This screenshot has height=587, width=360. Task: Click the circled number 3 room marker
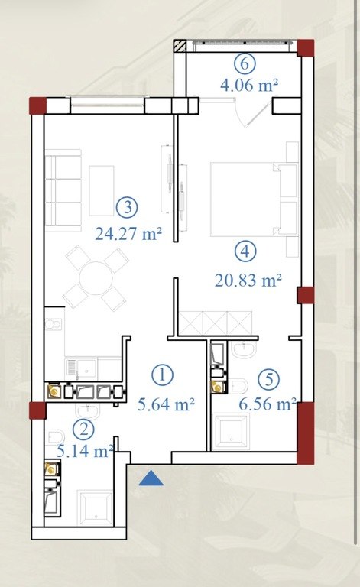(127, 207)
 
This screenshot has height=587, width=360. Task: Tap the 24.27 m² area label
(128, 234)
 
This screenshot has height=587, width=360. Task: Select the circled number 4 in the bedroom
(245, 251)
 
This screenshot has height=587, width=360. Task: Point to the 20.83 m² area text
(248, 280)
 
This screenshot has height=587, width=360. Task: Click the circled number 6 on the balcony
(245, 63)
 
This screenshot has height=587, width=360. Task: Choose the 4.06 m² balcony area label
(249, 86)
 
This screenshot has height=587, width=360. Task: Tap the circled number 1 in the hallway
(162, 375)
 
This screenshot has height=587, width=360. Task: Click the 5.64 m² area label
(166, 404)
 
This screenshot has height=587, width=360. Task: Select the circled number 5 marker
(269, 379)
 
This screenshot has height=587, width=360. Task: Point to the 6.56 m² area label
(268, 404)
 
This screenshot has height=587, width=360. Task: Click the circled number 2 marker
(84, 429)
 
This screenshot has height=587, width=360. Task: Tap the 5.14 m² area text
(86, 451)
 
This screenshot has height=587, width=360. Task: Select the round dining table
(96, 278)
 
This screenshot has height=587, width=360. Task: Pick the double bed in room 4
(254, 199)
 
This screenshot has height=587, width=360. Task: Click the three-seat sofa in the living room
(63, 190)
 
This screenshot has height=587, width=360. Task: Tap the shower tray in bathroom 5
(231, 433)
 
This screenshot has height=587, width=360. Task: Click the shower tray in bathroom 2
(95, 508)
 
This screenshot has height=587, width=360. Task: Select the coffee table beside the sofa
(102, 191)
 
